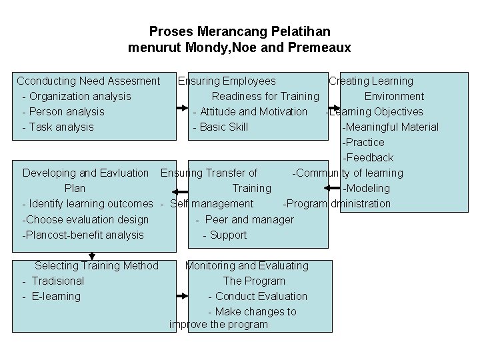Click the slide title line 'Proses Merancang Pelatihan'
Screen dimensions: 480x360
[x=239, y=31]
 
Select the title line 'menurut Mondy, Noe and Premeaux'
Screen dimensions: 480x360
[x=239, y=48]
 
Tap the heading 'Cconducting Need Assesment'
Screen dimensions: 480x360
[x=89, y=81]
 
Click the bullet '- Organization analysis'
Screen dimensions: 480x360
[x=77, y=97]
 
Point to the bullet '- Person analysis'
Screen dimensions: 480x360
[x=63, y=112]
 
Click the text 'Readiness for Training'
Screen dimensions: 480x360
[x=265, y=97]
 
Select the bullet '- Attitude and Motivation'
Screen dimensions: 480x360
[x=250, y=112]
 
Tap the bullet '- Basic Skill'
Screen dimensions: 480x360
[x=220, y=127]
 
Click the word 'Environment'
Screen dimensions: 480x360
[x=394, y=97]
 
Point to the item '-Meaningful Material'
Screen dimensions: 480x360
[x=390, y=127]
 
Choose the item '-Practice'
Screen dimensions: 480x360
[x=363, y=143]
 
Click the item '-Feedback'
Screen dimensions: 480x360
[x=368, y=158]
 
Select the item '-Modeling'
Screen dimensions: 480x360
[x=366, y=189]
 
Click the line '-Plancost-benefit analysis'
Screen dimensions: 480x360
[x=83, y=235]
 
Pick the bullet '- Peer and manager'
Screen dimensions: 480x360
[x=245, y=219]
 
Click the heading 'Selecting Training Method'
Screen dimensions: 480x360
[x=97, y=266]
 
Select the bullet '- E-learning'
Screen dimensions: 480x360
[x=51, y=297]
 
